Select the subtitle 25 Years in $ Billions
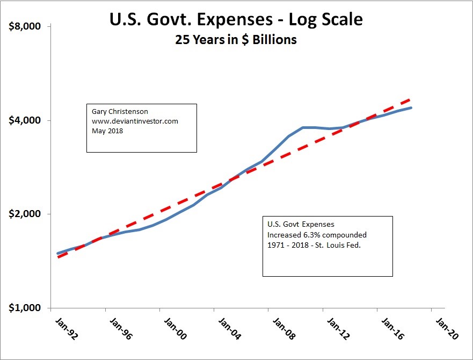click(236, 40)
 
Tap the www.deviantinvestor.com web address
click(135, 121)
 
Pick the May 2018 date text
click(107, 130)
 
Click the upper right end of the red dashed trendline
click(411, 99)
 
